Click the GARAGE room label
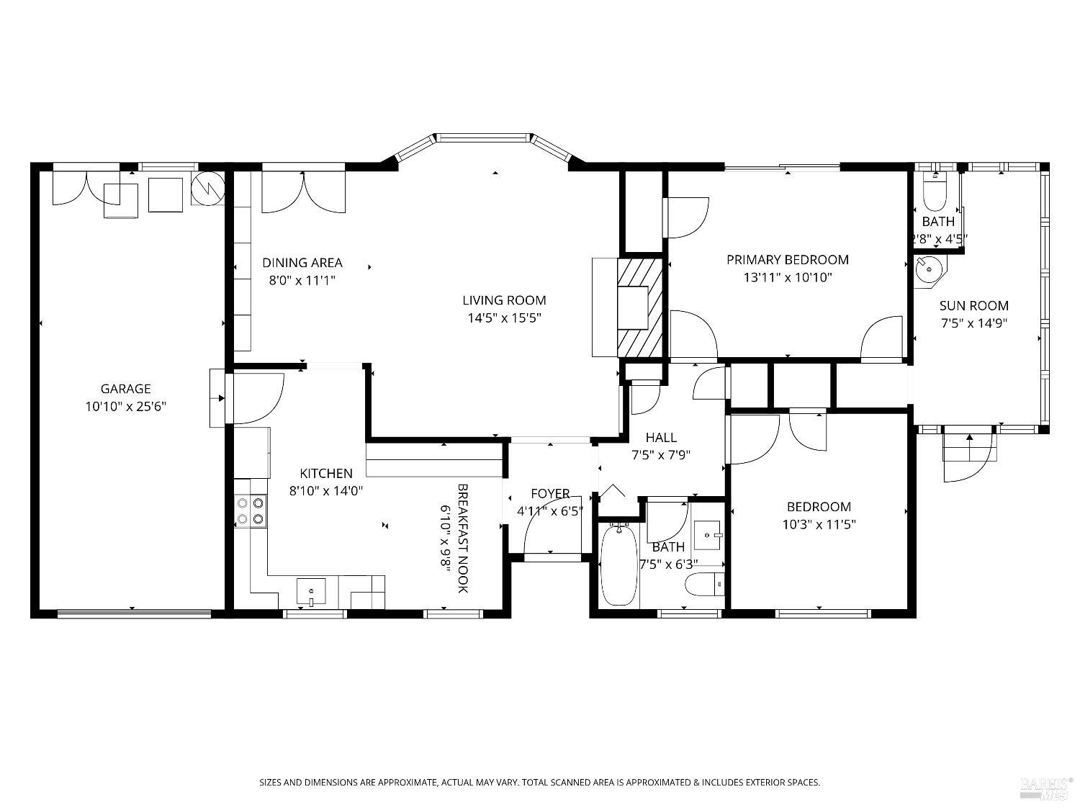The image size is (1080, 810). [125, 389]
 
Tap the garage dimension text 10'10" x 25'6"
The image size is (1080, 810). [125, 407]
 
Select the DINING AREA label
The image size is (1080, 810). [302, 263]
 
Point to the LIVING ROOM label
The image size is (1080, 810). [504, 300]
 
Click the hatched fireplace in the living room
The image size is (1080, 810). [639, 307]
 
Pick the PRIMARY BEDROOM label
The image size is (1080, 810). [787, 260]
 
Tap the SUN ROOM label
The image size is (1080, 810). [973, 305]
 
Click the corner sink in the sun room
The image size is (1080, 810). [930, 271]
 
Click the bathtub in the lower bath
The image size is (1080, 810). [618, 565]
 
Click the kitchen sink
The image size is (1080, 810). [311, 592]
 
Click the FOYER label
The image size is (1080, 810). [550, 494]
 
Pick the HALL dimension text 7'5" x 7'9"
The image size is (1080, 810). [660, 455]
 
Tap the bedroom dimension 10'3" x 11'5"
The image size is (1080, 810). [819, 525]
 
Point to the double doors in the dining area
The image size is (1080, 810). [303, 192]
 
